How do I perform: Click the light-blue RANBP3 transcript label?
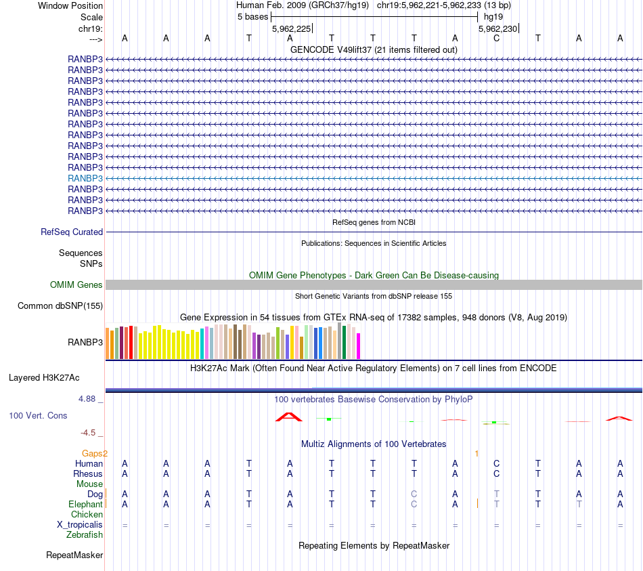(85, 178)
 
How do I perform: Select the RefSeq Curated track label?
(72, 232)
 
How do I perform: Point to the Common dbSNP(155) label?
(60, 305)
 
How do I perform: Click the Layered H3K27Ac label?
(53, 377)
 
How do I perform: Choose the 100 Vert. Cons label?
(38, 415)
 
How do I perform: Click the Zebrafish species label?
(85, 535)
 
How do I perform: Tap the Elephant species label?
(85, 505)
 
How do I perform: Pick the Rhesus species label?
(88, 474)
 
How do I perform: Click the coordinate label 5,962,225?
(291, 28)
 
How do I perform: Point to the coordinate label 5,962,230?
(497, 28)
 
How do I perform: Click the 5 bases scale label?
(252, 16)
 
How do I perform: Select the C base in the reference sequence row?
(496, 38)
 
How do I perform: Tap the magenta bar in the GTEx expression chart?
(358, 346)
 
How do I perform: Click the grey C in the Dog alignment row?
(414, 494)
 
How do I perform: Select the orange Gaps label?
(95, 453)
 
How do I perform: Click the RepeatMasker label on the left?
(74, 555)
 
